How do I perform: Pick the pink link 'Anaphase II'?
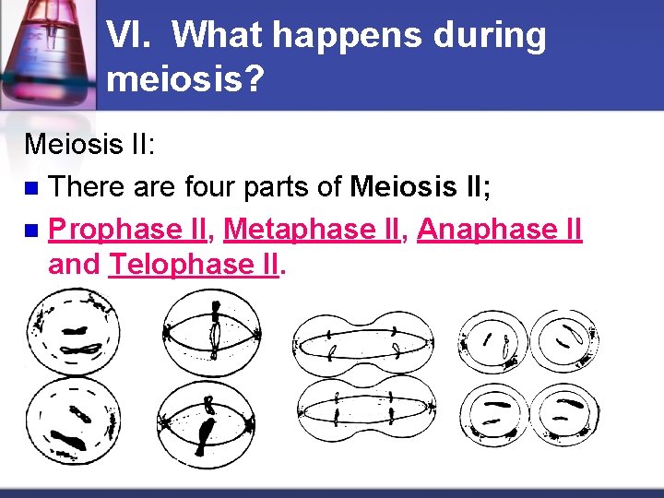point(500,228)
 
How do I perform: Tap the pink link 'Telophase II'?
point(194,265)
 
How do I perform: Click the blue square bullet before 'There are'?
point(32,187)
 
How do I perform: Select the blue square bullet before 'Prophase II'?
point(32,230)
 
